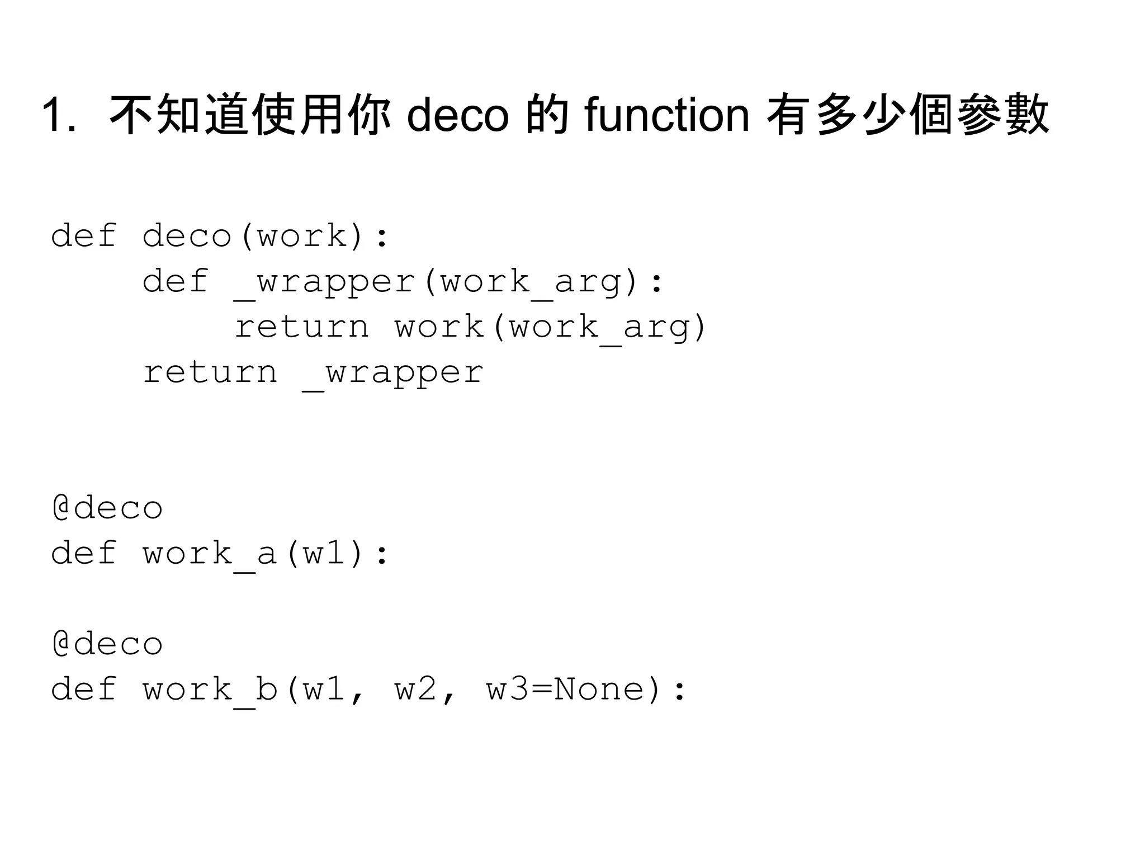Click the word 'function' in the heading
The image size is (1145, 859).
click(666, 115)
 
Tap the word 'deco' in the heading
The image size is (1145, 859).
click(457, 115)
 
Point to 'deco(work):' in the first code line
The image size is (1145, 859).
click(266, 235)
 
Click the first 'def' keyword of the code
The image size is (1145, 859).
click(84, 235)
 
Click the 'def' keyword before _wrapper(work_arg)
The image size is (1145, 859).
click(176, 281)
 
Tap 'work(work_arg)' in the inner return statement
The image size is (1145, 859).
click(551, 327)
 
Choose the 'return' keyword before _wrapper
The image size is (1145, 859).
click(210, 373)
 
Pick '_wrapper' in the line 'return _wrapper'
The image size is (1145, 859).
click(392, 373)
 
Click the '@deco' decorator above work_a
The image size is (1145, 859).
click(107, 508)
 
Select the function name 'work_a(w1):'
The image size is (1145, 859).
click(266, 554)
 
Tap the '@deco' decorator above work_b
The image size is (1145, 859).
click(107, 644)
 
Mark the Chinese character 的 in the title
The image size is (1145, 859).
click(547, 115)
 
